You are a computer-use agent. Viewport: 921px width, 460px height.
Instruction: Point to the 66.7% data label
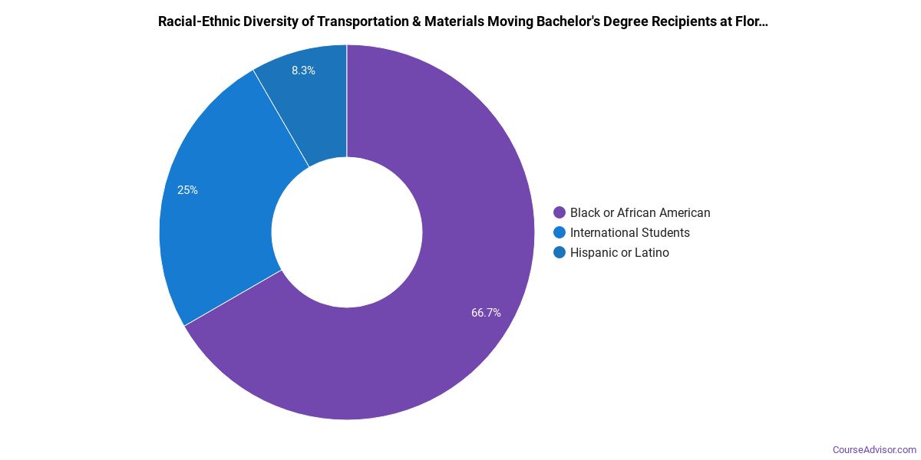click(x=486, y=313)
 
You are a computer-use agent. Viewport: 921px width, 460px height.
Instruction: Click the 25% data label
click(x=187, y=190)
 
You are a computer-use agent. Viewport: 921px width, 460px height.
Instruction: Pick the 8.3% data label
click(x=303, y=71)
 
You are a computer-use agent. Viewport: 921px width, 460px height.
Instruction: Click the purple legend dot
click(x=560, y=212)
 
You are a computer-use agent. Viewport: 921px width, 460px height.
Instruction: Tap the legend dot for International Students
click(x=560, y=232)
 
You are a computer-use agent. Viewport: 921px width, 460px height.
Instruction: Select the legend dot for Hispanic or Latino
click(x=560, y=252)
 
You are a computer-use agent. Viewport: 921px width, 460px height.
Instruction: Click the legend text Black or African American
click(x=640, y=212)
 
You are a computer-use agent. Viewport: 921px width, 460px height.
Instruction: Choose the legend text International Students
click(x=630, y=232)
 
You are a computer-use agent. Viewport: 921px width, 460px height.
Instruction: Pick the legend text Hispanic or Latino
click(x=619, y=252)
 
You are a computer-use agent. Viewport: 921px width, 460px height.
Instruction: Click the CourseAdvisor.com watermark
click(x=874, y=449)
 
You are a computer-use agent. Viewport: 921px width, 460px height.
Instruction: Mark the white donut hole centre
click(x=347, y=232)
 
